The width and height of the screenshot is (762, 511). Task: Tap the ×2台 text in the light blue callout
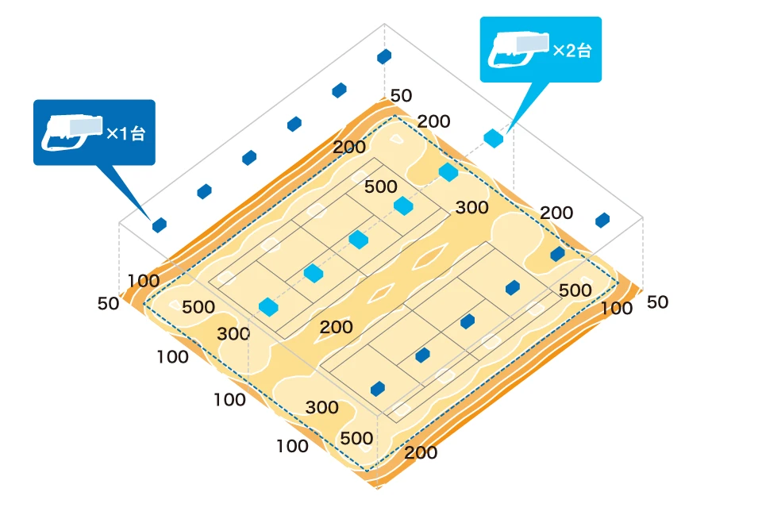572,51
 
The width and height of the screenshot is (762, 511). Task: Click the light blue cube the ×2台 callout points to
494,138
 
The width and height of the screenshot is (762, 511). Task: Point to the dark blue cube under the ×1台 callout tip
160,225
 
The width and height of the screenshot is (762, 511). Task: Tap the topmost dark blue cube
384,56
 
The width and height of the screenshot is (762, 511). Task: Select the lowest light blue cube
268,306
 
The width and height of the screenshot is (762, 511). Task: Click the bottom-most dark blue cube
378,389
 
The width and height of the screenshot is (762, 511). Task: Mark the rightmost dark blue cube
602,220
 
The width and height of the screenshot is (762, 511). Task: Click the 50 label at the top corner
401,96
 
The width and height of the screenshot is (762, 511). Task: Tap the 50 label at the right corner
658,302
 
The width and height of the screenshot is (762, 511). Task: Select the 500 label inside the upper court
380,186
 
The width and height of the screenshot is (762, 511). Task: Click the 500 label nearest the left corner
198,307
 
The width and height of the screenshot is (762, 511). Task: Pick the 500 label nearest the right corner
575,290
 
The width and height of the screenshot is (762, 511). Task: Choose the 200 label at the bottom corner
420,453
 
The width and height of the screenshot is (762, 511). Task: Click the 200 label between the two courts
337,326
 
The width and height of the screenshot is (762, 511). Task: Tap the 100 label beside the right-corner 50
617,308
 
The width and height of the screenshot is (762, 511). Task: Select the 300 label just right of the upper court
472,208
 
